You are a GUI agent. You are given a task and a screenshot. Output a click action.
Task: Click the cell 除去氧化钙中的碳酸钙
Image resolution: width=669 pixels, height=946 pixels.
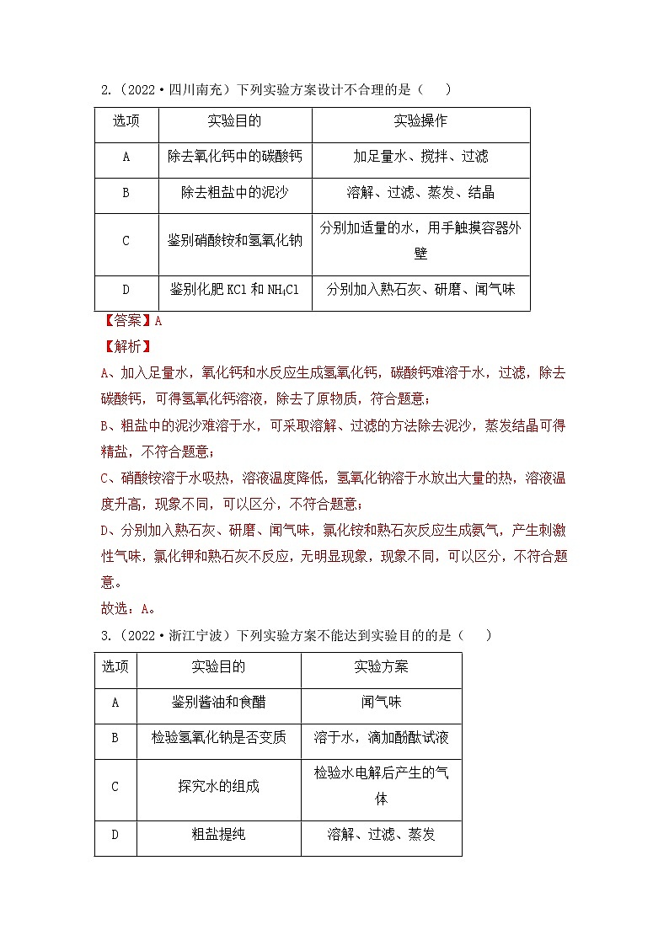point(234,157)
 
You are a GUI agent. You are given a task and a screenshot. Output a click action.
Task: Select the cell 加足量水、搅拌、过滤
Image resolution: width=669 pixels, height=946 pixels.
point(420,157)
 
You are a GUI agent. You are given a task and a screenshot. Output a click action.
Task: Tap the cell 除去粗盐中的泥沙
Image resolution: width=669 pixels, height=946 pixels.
point(234,193)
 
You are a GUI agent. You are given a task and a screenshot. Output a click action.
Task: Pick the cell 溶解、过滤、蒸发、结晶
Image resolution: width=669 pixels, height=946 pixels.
point(420,193)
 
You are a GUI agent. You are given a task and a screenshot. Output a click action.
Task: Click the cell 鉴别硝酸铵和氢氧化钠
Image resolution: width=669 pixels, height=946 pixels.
point(234,241)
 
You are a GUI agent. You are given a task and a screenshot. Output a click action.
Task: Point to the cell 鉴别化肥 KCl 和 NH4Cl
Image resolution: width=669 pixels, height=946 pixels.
point(234,290)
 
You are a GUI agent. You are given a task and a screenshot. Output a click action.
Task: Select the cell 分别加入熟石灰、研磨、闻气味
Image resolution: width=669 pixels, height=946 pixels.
point(420,290)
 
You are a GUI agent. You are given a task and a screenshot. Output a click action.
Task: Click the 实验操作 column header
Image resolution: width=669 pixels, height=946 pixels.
point(420,121)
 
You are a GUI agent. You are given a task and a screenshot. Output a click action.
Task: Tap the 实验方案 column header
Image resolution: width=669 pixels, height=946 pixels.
point(381,666)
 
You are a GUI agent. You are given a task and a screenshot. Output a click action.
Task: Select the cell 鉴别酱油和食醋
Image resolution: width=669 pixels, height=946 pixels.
point(218,703)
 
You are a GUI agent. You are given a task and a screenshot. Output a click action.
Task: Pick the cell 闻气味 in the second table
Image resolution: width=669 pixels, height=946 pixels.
point(381,703)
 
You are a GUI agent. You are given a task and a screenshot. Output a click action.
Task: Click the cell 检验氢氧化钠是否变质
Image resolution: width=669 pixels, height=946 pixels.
point(218,738)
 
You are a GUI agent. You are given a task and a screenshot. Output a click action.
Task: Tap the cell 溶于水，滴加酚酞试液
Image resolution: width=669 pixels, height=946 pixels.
point(381,738)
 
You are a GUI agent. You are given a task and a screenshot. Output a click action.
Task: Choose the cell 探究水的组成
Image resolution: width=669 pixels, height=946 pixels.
point(218,787)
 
